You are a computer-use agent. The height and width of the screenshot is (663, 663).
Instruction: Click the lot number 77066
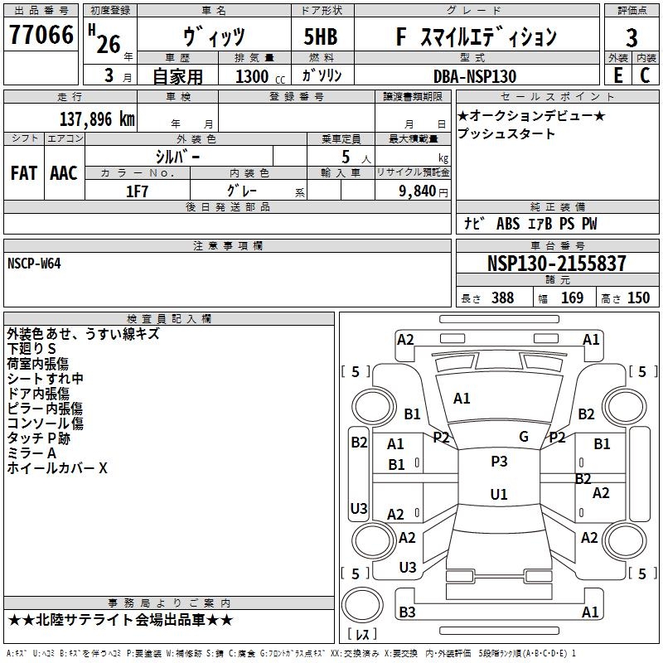(x=41, y=37)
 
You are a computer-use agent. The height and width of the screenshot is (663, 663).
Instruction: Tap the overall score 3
(x=632, y=38)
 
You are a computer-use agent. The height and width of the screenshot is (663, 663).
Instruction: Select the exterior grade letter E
(x=617, y=75)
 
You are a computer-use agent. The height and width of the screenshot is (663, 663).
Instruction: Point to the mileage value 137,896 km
(x=97, y=119)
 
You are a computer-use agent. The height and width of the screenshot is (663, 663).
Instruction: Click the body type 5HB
(x=315, y=37)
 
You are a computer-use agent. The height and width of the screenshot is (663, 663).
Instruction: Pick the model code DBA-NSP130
(x=475, y=76)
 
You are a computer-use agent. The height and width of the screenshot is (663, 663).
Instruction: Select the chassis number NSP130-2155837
(x=556, y=264)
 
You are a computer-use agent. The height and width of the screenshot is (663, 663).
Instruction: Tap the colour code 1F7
(x=137, y=191)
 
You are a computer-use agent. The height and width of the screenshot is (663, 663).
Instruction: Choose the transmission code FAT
(x=23, y=173)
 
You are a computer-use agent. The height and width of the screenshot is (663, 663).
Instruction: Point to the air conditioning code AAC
(x=64, y=173)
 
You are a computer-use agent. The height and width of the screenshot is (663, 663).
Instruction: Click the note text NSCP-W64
(x=34, y=264)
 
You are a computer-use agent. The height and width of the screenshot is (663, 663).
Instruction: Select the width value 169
(x=572, y=298)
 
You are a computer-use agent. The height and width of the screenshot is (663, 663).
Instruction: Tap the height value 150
(x=638, y=298)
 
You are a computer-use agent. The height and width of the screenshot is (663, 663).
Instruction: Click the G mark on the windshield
(x=524, y=437)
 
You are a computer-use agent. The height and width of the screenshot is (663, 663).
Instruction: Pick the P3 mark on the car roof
(x=499, y=462)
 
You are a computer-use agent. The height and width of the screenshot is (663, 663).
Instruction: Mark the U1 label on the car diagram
(x=499, y=495)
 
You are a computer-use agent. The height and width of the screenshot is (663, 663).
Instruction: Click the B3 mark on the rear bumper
(x=407, y=612)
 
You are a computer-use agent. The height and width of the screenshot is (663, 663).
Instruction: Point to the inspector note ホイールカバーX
(x=57, y=468)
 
